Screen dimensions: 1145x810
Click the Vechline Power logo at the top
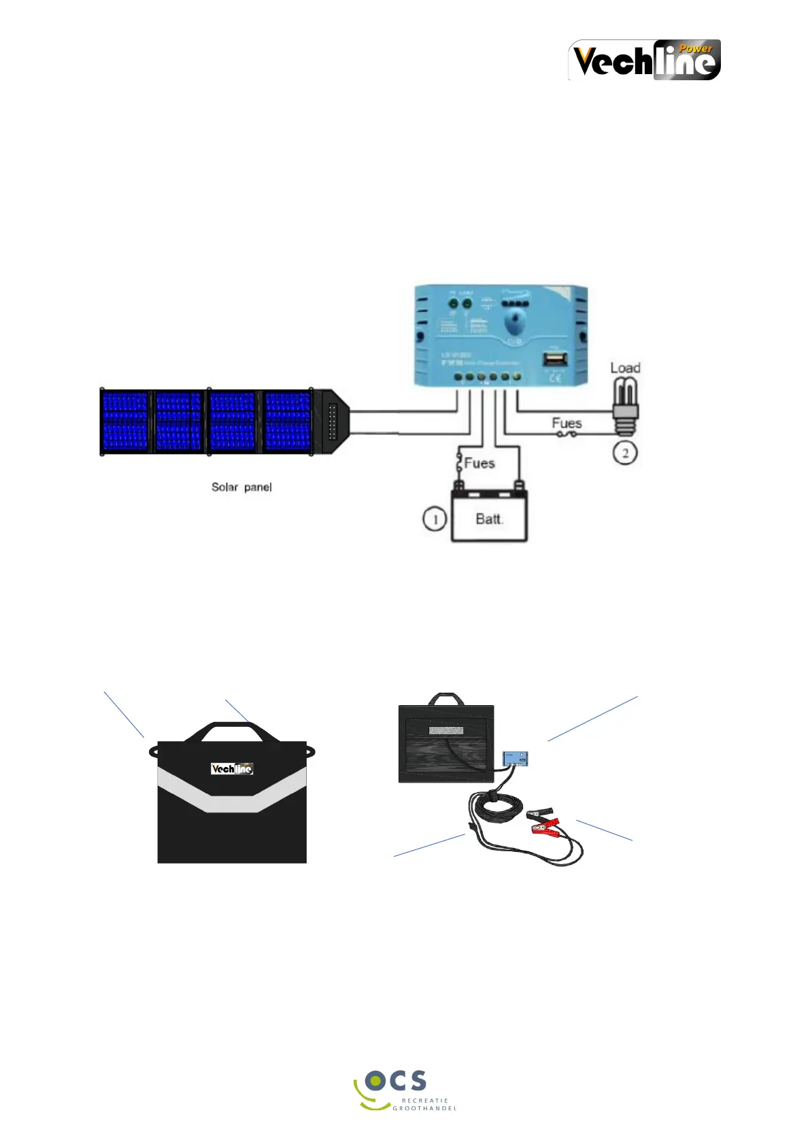point(644,60)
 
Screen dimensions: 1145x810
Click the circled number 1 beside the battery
point(435,519)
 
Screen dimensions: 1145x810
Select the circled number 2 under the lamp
point(625,453)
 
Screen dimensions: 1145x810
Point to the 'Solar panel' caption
point(241,488)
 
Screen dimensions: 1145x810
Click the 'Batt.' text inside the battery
point(490,519)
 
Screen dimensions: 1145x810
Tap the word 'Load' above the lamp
point(625,368)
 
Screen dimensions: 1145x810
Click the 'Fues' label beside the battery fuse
point(479,463)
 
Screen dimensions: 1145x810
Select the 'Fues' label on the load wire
point(567,423)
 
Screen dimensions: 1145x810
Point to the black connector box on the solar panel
point(333,422)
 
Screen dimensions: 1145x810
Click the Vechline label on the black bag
point(232,769)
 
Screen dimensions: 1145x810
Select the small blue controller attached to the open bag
point(516,759)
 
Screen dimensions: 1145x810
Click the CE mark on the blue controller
point(555,377)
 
